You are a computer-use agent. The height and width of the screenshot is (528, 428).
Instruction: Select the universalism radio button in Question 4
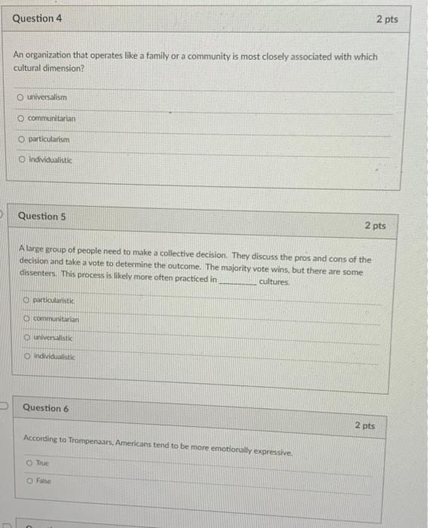coord(20,98)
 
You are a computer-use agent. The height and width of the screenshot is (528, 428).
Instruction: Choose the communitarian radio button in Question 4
coord(22,119)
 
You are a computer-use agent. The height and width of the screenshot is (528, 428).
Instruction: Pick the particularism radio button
coord(22,140)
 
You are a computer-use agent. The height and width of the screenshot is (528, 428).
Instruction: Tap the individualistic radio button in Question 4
coord(22,160)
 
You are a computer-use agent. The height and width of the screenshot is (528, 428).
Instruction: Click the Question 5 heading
coord(42,216)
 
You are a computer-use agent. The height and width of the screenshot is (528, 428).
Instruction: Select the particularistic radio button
coord(26,301)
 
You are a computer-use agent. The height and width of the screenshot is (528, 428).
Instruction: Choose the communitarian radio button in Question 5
coord(26,320)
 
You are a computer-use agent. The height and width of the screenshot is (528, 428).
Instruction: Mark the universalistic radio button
coord(27,338)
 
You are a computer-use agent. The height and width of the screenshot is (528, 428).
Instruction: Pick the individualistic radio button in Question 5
coord(27,356)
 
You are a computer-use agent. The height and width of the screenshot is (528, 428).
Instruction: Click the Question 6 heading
coord(45,408)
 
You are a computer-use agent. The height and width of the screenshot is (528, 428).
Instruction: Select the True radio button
coord(29,462)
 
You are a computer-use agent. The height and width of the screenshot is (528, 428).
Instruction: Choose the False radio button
coord(29,480)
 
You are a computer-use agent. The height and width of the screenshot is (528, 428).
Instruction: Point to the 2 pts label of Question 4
coord(387,19)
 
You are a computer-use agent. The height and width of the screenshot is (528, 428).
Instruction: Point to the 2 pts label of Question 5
coord(374,226)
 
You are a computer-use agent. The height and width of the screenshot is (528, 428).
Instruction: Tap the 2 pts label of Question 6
coord(364,426)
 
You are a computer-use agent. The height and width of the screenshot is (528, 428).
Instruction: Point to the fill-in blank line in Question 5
coord(237,281)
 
